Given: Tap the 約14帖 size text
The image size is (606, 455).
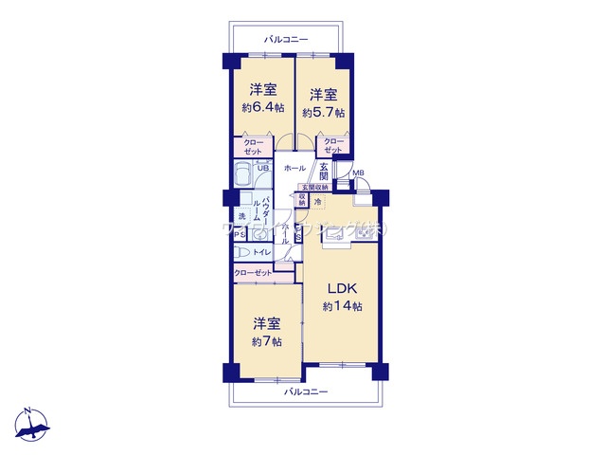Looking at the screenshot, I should click(342, 306).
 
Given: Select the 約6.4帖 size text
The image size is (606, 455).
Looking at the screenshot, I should click(262, 108).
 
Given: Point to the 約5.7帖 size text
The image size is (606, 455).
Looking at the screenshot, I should click(323, 112).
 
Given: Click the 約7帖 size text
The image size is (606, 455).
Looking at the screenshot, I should click(266, 341).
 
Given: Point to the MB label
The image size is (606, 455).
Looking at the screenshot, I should click(358, 173).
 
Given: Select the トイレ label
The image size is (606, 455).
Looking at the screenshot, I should click(262, 252).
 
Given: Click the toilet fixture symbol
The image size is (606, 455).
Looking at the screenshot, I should click(242, 253).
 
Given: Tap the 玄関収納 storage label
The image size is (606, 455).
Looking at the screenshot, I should click(315, 188).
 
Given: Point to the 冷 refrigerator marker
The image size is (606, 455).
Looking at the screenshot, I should click(318, 201).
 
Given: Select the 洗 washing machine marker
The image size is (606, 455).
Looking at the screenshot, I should click(241, 217).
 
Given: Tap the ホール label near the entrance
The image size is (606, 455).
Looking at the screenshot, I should click(294, 168).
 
